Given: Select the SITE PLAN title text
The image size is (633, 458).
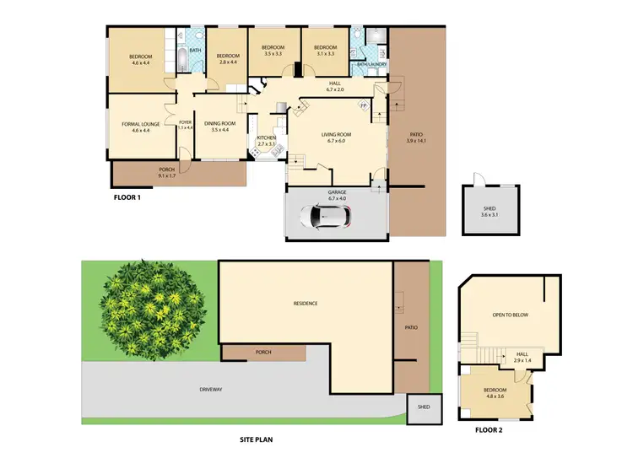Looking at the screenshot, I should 255,439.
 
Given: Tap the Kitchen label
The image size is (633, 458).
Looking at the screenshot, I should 267,141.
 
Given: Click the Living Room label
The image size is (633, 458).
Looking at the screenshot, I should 335,137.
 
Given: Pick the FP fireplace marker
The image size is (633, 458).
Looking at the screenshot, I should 364,105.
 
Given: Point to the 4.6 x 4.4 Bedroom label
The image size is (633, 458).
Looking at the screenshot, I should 140,59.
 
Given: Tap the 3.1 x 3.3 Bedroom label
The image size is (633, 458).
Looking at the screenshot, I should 325,50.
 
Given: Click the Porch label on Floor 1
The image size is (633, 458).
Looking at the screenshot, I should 167,173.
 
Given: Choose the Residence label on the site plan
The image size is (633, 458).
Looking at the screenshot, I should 306,304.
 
